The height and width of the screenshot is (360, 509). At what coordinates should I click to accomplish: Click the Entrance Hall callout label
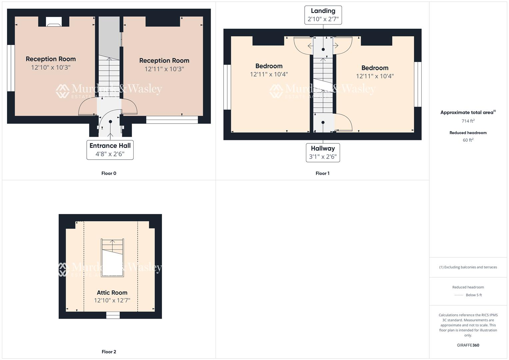pos(110,146)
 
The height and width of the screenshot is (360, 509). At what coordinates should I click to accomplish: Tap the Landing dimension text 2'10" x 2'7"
pos(323,19)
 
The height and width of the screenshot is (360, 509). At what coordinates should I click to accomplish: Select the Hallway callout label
pos(323,149)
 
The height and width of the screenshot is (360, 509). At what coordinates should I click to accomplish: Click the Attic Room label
pos(112,293)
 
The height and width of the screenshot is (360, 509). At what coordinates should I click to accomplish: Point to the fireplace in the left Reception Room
pos(53,24)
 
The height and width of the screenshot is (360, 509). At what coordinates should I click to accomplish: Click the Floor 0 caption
pos(109,173)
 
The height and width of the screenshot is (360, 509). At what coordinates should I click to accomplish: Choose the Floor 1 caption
pos(322,173)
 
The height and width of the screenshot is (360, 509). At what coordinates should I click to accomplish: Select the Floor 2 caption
pos(109,352)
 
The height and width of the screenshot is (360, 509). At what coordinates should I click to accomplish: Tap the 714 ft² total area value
pos(468,121)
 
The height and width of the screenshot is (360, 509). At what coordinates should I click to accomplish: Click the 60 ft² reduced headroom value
pos(468,140)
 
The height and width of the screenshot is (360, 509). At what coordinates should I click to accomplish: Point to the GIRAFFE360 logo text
pos(468,345)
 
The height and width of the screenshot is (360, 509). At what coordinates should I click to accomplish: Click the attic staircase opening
pos(113,257)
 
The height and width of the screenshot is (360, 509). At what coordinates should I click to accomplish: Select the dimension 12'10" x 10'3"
pos(51,67)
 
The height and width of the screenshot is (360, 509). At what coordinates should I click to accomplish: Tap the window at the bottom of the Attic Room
pos(113,315)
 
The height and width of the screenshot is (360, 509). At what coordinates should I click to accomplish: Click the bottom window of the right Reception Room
pos(172,120)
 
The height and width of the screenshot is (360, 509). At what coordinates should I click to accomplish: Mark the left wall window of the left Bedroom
pos(227,87)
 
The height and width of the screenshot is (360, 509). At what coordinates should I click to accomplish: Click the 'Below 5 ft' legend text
pos(474,295)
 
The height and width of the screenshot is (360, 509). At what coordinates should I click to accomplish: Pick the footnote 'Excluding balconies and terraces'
pos(468,267)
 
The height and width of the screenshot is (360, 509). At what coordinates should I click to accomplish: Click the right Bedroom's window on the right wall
pos(418,84)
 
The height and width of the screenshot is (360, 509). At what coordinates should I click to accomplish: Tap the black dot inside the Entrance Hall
pos(110,122)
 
